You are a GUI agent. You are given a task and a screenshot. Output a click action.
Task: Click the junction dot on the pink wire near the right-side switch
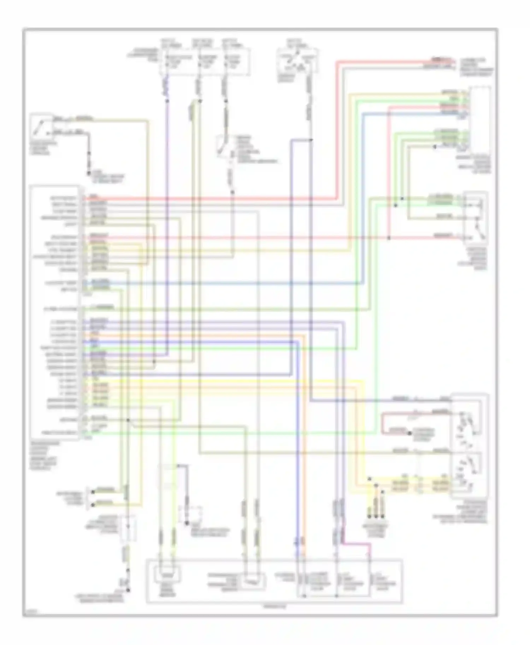tap(389, 238)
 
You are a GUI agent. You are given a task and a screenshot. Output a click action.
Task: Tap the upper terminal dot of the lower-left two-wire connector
tap(93, 492)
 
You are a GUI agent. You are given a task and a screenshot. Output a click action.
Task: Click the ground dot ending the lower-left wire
tap(128, 590)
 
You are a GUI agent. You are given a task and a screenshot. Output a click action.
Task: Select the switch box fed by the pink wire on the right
tap(476, 217)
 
